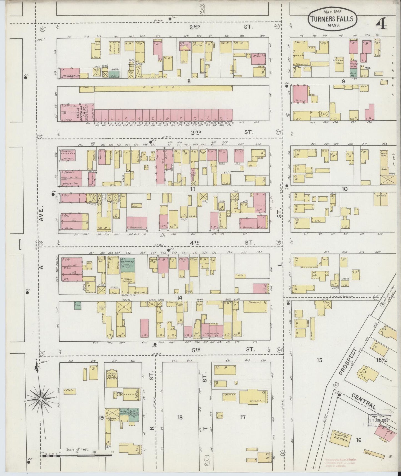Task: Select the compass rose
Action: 41,399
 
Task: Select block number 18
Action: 180,417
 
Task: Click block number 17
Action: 243,417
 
